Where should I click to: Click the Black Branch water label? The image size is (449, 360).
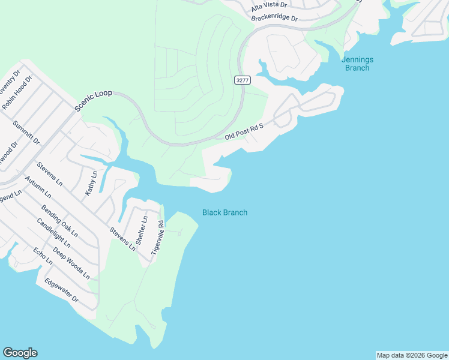pos(224,212)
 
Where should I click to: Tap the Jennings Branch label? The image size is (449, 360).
pos(357,64)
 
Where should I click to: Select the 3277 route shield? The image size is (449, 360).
pos(243,80)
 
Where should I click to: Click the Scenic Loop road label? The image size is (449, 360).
pos(94,101)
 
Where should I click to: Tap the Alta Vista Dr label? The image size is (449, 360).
pos(269,5)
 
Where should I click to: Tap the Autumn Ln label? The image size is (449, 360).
pos(38,187)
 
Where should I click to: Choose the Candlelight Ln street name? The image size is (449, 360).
pos(53,233)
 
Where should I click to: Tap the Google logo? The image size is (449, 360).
pos(20,353)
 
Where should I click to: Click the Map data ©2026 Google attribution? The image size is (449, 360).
pos(412,355)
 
